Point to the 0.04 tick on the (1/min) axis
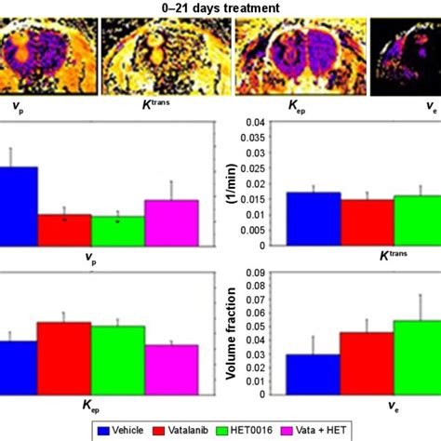(x=267, y=122)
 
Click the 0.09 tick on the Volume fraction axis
(x=267, y=275)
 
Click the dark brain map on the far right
(x=406, y=60)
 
